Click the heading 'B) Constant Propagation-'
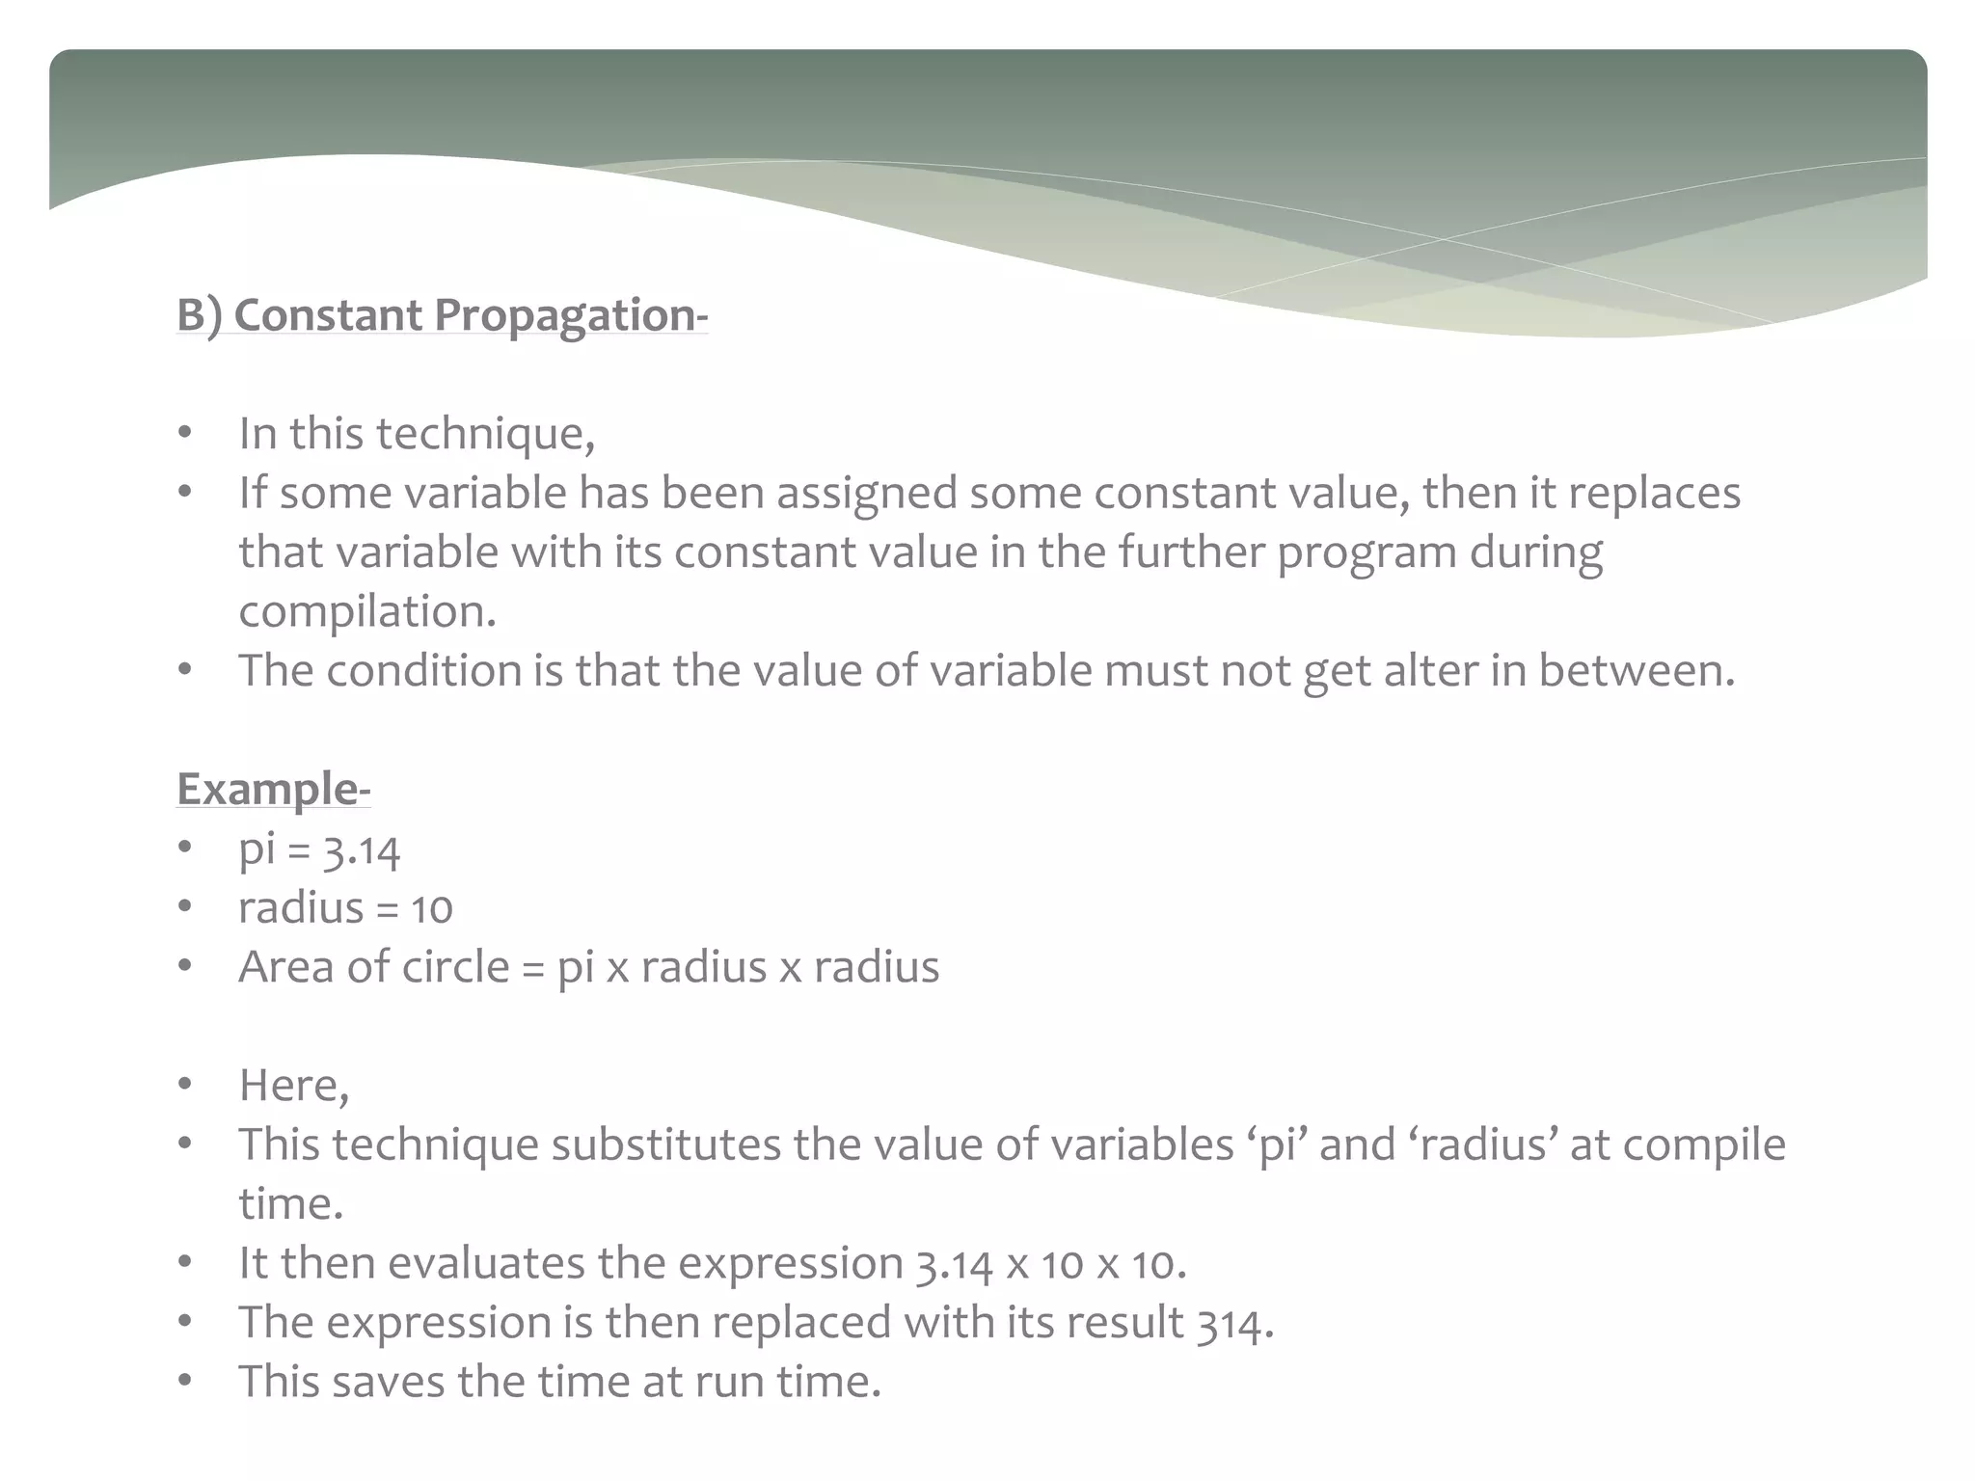tap(442, 315)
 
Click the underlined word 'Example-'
tap(273, 789)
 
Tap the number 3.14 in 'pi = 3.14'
tap(361, 849)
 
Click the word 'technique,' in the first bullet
tap(485, 434)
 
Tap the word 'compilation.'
tap(367, 611)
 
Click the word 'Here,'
tap(294, 1086)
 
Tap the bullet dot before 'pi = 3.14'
tap(185, 848)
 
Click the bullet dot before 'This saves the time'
tap(185, 1381)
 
